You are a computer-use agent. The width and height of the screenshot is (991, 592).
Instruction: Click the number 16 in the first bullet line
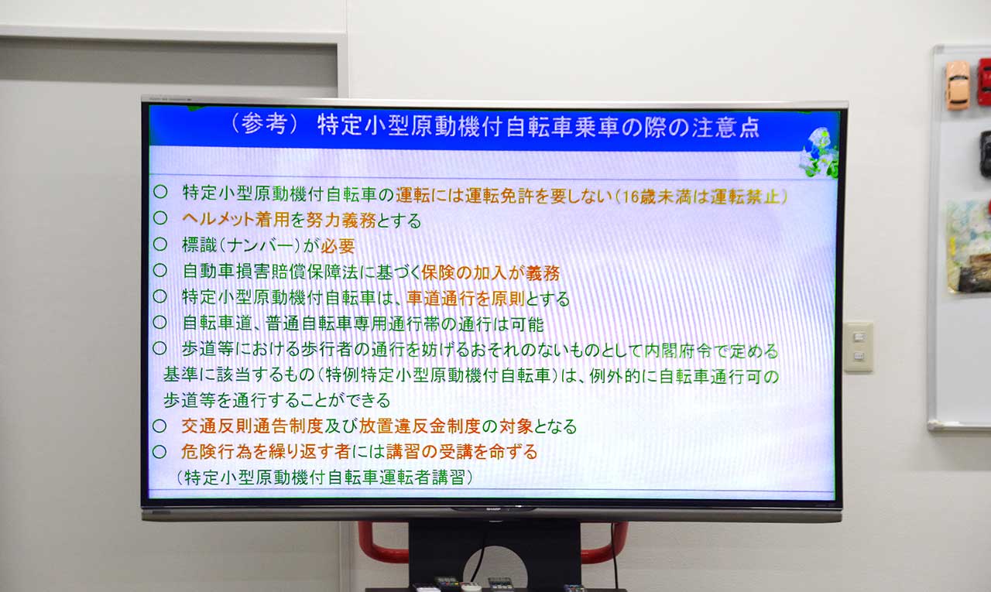click(x=631, y=197)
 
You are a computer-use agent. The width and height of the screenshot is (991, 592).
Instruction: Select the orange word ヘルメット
click(x=218, y=219)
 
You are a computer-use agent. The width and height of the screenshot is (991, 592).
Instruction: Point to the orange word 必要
click(x=338, y=246)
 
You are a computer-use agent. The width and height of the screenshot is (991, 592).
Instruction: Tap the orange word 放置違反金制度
click(x=420, y=426)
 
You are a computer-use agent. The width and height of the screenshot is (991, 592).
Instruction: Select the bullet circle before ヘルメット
click(x=160, y=217)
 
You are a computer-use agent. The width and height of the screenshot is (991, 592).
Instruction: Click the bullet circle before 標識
click(x=159, y=244)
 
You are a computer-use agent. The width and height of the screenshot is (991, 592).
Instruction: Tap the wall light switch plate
click(x=859, y=347)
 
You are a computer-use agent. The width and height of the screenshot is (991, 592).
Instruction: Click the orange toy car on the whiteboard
click(x=958, y=85)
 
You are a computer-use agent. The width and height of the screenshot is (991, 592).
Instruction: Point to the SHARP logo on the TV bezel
click(x=494, y=509)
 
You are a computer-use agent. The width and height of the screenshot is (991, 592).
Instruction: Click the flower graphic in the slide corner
click(x=820, y=153)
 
